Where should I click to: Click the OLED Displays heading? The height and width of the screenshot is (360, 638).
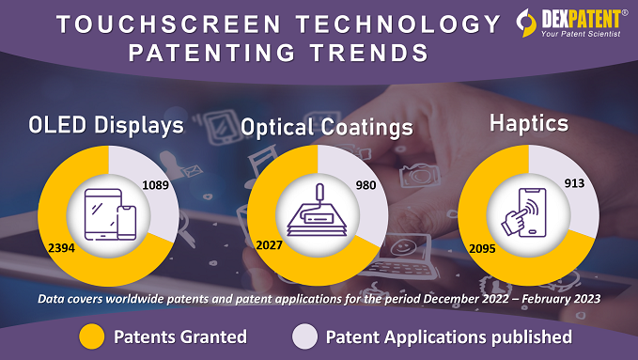tap(105, 125)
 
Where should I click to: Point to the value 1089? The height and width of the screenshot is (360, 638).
tap(155, 186)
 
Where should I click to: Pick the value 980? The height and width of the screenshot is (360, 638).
tap(366, 185)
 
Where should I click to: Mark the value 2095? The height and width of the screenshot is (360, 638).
tap(475, 246)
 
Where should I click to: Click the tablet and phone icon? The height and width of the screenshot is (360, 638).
tap(109, 216)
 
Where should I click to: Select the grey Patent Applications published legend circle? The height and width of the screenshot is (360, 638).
tap(303, 336)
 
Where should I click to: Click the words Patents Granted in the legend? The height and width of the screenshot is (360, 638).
tap(179, 336)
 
